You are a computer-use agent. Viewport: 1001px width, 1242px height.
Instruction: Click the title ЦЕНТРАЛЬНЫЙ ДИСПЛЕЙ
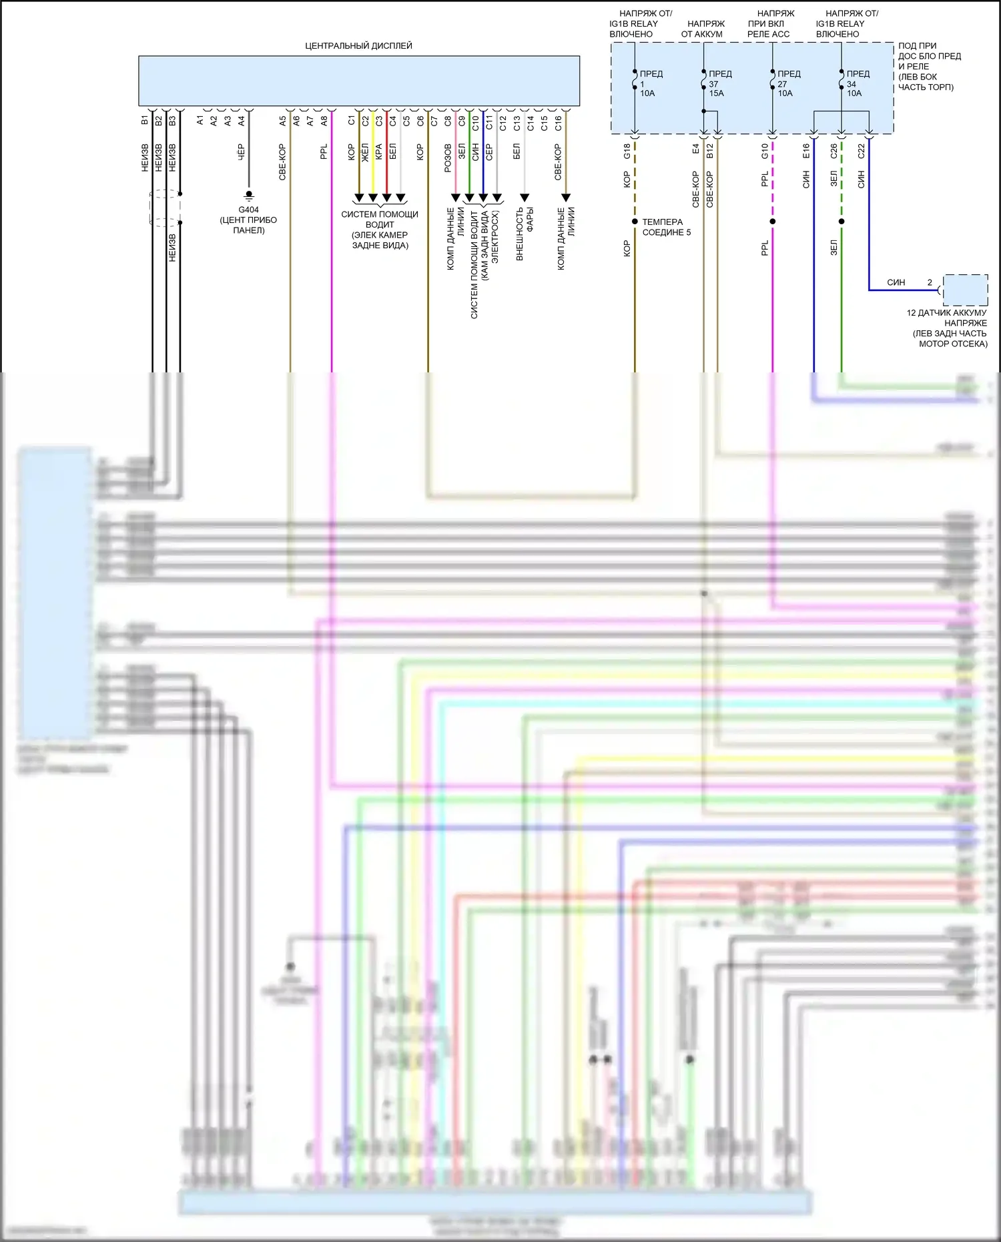[x=358, y=46]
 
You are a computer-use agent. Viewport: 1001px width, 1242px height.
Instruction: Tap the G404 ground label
[x=248, y=210]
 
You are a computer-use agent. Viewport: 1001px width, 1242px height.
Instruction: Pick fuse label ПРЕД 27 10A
[x=789, y=83]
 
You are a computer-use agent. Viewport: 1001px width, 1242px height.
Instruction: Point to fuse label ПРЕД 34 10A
[x=858, y=83]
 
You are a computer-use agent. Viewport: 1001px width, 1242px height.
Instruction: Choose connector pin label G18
[x=627, y=151]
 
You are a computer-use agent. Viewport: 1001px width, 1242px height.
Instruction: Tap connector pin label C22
[x=861, y=151]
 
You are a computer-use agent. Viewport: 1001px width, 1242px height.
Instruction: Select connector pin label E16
[x=806, y=151]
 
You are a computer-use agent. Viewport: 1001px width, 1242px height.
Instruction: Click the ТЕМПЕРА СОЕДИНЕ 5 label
[x=666, y=227]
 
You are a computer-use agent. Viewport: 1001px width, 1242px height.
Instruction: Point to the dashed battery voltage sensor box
[x=965, y=290]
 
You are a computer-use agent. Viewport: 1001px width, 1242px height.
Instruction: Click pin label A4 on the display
[x=241, y=121]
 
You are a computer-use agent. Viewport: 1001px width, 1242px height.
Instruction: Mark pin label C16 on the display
[x=558, y=123]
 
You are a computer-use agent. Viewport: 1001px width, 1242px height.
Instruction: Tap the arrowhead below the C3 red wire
[x=386, y=198]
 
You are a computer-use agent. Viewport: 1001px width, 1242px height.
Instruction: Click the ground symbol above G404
[x=249, y=196]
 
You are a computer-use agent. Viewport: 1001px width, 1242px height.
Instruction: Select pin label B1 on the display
[x=144, y=121]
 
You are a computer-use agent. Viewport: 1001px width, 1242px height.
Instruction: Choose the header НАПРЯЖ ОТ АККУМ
[x=703, y=29]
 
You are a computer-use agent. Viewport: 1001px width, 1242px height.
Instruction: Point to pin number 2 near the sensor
[x=930, y=282]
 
